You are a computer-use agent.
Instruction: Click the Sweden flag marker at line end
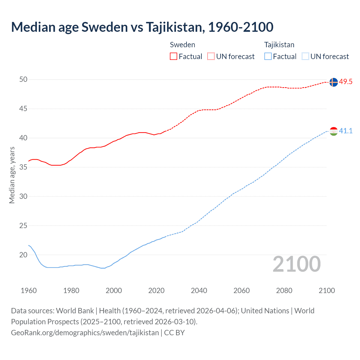(334, 82)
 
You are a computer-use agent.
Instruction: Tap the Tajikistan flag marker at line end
(334, 131)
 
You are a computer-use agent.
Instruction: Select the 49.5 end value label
(346, 82)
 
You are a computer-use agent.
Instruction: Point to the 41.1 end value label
(346, 131)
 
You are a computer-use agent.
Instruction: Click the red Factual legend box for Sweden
(174, 57)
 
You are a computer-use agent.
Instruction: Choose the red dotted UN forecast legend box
(211, 57)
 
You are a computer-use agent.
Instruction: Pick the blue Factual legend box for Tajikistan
(268, 57)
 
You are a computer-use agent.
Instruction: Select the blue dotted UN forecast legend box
(305, 57)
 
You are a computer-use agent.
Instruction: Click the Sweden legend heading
(183, 45)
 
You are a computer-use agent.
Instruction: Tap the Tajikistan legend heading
(279, 45)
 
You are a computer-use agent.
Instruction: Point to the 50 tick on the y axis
(23, 80)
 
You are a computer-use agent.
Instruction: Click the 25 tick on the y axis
(23, 226)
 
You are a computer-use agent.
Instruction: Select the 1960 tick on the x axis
(29, 291)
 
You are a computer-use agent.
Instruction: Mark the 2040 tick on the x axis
(199, 291)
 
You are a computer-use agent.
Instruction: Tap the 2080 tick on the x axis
(284, 291)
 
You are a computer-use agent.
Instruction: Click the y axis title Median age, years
(12, 175)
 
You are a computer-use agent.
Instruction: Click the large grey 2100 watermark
(297, 264)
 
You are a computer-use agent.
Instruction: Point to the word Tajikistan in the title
(175, 27)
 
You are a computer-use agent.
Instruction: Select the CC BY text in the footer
(174, 333)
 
